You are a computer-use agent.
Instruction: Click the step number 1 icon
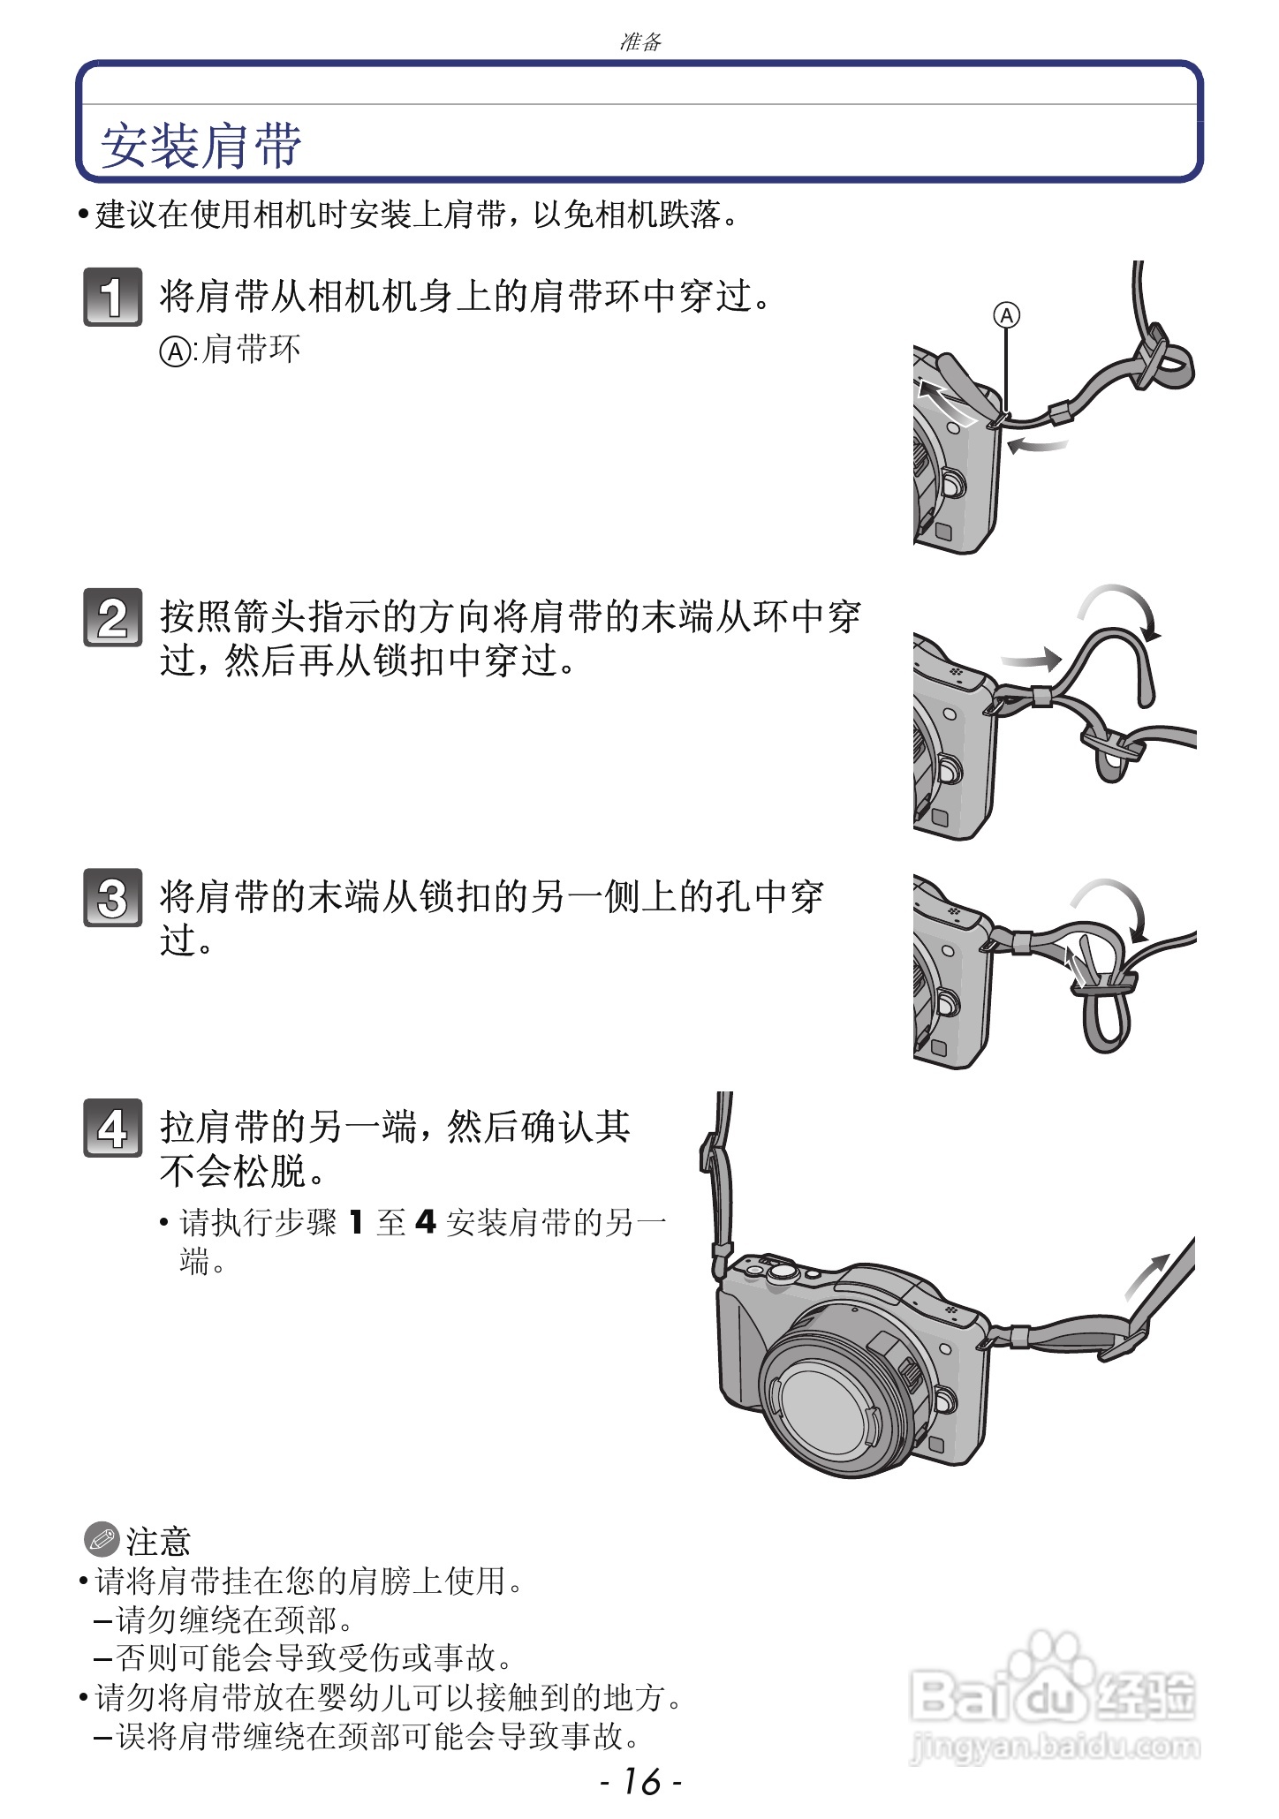click(x=112, y=297)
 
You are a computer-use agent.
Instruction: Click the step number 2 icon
click(x=112, y=617)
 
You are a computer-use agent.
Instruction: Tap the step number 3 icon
click(x=112, y=898)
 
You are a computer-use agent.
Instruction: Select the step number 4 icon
click(x=112, y=1128)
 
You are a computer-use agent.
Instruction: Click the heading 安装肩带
click(x=201, y=146)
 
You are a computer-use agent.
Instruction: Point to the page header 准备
click(x=640, y=42)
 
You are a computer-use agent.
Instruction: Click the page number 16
click(x=640, y=1781)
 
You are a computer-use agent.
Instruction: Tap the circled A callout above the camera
click(x=1007, y=315)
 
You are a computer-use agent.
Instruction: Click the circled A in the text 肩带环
click(x=174, y=351)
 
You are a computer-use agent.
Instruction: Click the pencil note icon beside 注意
click(x=102, y=1540)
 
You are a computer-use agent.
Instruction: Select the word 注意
click(x=159, y=1542)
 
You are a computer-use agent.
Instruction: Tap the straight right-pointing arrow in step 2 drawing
click(x=1030, y=659)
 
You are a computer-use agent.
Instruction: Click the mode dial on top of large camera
click(x=782, y=1272)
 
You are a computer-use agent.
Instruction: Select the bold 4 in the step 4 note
click(x=426, y=1223)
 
